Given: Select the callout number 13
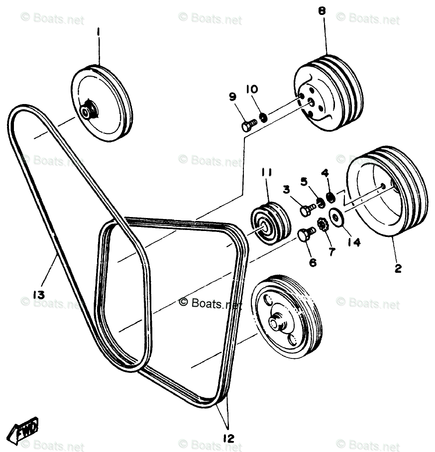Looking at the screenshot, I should point(39,294).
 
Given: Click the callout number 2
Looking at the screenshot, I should point(398,269).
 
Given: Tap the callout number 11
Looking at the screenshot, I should point(266,173).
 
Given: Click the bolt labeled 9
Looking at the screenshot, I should point(248,125).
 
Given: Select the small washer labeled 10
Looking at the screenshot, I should point(264,117).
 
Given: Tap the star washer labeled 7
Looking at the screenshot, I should point(322,226).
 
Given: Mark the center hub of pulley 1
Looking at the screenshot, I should point(89,111).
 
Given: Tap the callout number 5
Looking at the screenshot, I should point(304,181).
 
